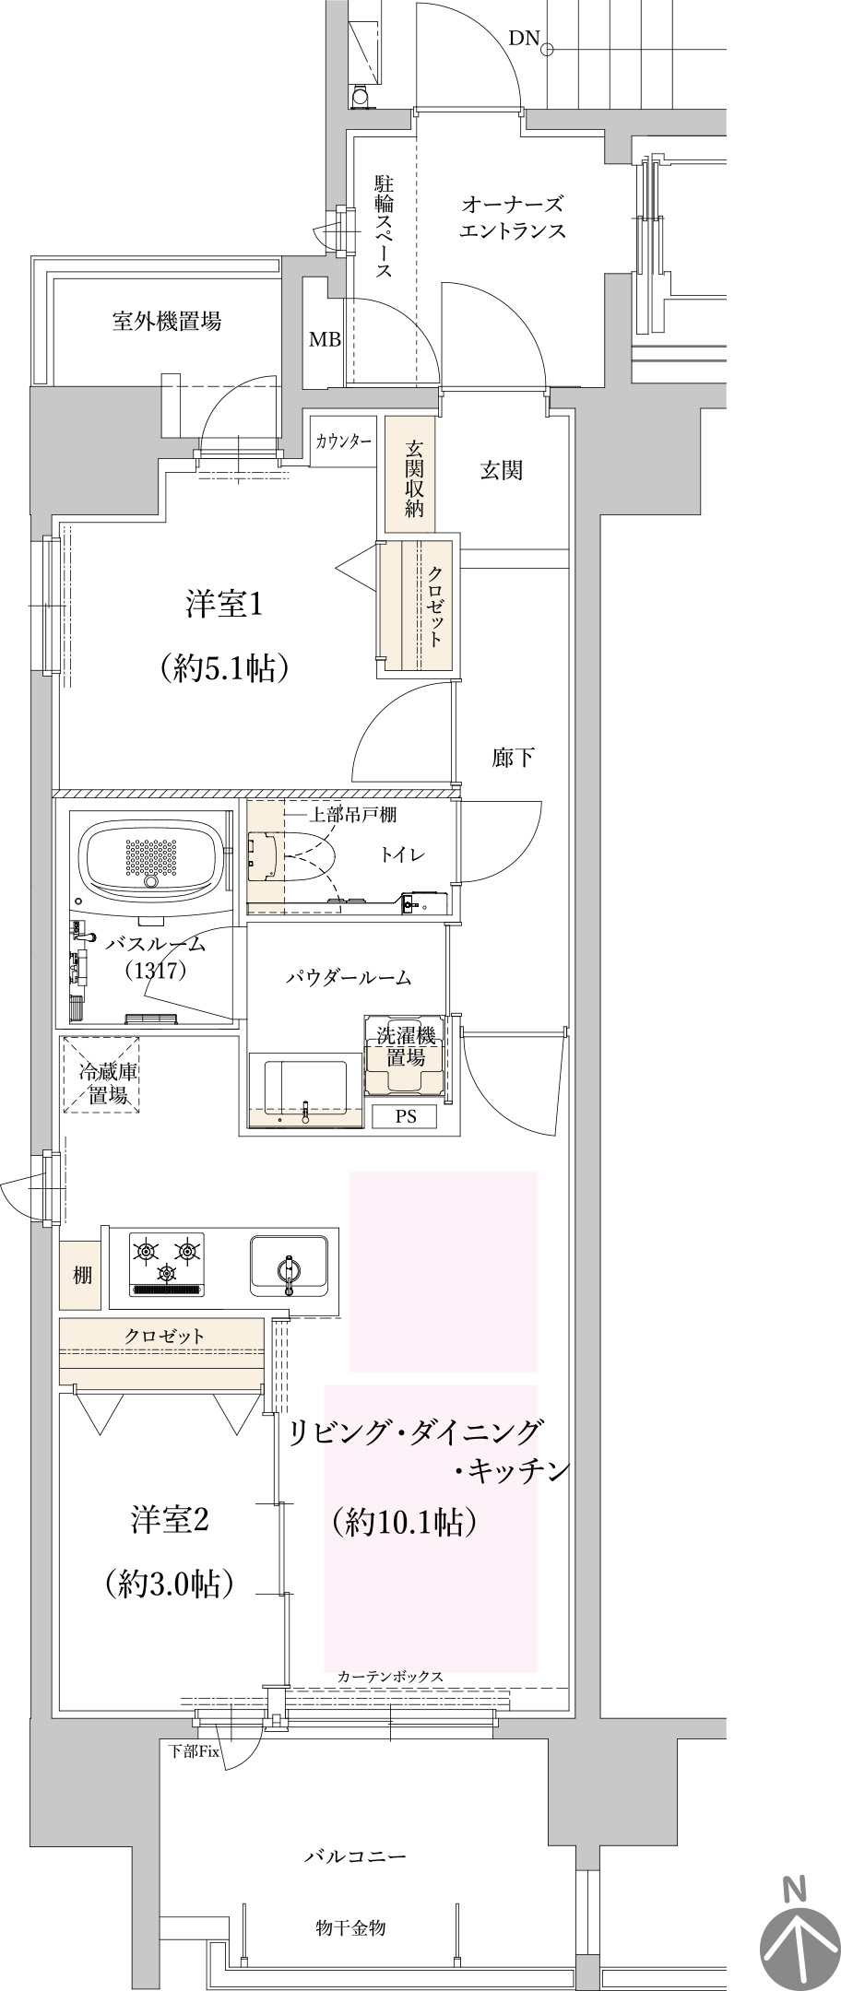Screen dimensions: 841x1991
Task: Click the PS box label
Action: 406,1116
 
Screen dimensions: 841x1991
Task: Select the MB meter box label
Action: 325,339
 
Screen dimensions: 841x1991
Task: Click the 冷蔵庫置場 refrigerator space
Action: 101,1076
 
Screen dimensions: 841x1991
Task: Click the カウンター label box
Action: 344,441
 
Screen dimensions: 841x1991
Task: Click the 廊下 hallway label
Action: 514,758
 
